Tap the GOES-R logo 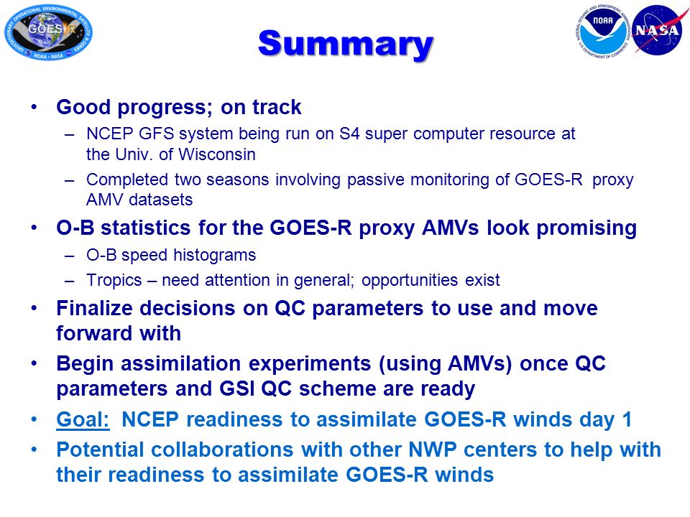[48, 32]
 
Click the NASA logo [658, 30]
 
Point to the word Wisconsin [217, 155]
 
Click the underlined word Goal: [83, 419]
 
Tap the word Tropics [114, 281]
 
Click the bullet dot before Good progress [34, 107]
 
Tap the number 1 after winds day [627, 419]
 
